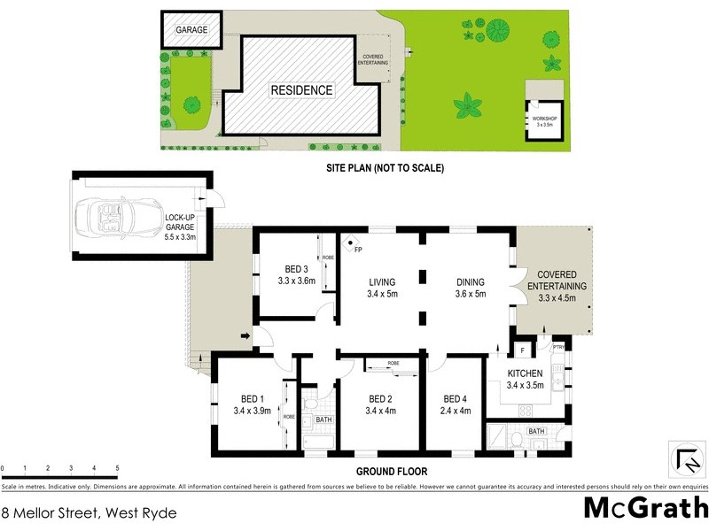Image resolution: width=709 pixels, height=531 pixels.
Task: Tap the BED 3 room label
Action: coord(296,270)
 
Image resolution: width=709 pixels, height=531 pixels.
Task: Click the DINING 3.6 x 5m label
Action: coord(470,289)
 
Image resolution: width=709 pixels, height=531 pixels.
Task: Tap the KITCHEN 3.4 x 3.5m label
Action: coord(525,380)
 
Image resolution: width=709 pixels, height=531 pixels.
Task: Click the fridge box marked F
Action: coord(523,350)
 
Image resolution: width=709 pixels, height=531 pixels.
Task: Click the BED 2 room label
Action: coord(380,398)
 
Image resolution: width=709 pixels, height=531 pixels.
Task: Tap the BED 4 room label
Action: coord(456,398)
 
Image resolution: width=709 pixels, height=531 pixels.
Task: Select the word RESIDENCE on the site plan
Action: coord(301,90)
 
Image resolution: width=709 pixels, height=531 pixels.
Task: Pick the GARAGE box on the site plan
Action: coord(191,30)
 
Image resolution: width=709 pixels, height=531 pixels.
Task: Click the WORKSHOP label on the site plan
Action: coord(543,119)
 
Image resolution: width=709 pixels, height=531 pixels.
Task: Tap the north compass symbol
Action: coord(687,460)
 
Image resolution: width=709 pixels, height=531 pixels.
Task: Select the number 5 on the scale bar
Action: coord(117,468)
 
